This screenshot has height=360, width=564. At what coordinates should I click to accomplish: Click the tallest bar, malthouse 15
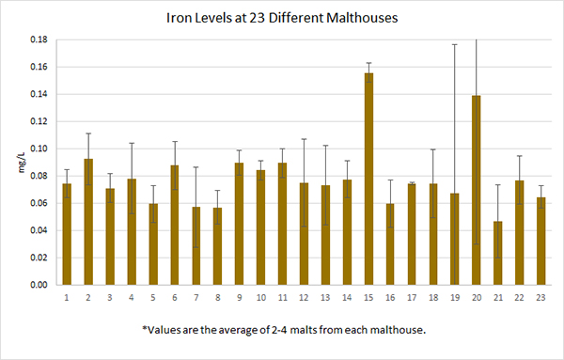click(369, 179)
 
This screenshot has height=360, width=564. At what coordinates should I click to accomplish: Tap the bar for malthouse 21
click(496, 253)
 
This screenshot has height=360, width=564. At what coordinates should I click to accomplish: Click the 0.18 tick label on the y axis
click(39, 40)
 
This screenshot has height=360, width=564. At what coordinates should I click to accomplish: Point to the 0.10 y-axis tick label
click(39, 149)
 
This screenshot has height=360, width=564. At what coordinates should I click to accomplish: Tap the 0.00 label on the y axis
click(39, 285)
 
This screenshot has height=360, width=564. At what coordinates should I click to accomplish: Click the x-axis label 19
click(454, 297)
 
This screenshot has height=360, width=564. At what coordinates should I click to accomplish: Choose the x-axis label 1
click(67, 297)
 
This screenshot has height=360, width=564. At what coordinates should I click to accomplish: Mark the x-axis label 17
click(412, 297)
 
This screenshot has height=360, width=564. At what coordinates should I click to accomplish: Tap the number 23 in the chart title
click(268, 18)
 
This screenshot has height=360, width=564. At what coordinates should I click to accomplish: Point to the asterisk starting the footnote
click(145, 328)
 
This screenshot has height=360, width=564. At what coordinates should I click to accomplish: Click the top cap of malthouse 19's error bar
click(454, 44)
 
